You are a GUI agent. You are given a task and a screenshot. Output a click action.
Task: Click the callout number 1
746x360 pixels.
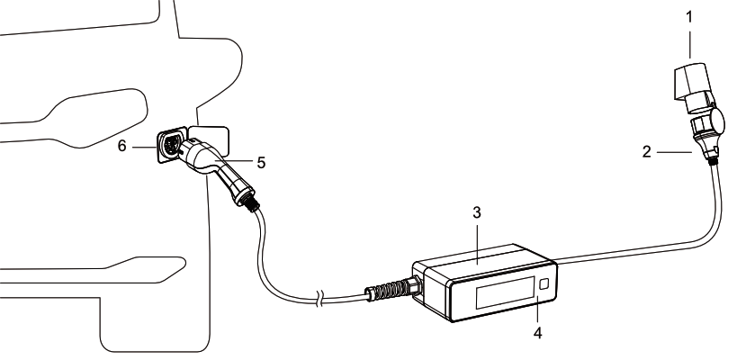coord(689,18)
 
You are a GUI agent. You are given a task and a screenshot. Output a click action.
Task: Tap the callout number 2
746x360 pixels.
coord(646,152)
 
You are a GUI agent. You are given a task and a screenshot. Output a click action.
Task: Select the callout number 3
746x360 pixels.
coord(477,213)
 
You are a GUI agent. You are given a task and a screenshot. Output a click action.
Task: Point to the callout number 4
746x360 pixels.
coord(537,333)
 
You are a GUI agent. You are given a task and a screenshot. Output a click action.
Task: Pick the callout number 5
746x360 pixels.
coord(261,163)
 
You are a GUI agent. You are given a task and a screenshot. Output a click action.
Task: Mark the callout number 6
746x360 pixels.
coord(122,146)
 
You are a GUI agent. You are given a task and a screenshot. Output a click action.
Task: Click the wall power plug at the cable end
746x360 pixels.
coord(692,87)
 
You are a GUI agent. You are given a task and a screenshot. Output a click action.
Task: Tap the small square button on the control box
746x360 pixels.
coord(544,283)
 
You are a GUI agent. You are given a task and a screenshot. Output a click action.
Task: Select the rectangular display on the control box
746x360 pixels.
coord(504,292)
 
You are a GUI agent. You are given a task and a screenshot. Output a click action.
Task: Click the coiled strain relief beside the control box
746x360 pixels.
coord(388,289)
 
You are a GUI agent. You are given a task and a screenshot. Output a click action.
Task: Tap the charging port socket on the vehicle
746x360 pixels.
coord(170,145)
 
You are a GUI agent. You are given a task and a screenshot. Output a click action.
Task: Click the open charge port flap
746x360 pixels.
coord(210,138)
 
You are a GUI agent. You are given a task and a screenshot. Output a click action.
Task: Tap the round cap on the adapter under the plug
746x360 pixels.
coord(717,121)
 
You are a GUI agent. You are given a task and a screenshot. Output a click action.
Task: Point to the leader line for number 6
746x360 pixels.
coord(144,148)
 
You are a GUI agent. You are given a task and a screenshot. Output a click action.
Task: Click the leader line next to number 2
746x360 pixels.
coord(675,152)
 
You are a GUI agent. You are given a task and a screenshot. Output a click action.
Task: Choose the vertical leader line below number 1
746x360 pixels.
coord(689,44)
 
